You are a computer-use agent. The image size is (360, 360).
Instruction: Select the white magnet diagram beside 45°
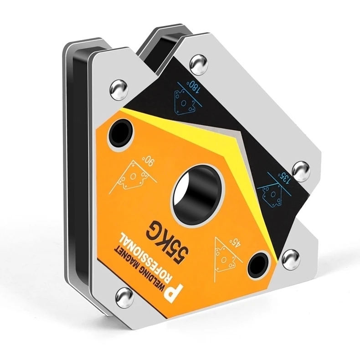coord(221,255)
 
